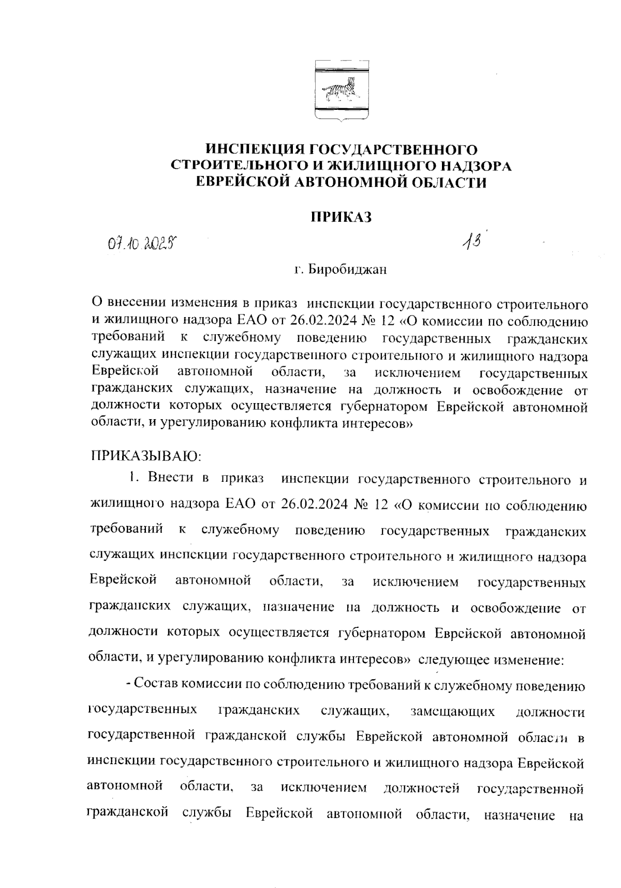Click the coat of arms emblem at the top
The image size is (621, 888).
342,92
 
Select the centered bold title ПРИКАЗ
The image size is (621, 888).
341,217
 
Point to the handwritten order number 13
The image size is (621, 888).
472,240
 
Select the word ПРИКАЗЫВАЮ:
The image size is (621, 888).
145,456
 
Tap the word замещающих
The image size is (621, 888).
453,711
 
